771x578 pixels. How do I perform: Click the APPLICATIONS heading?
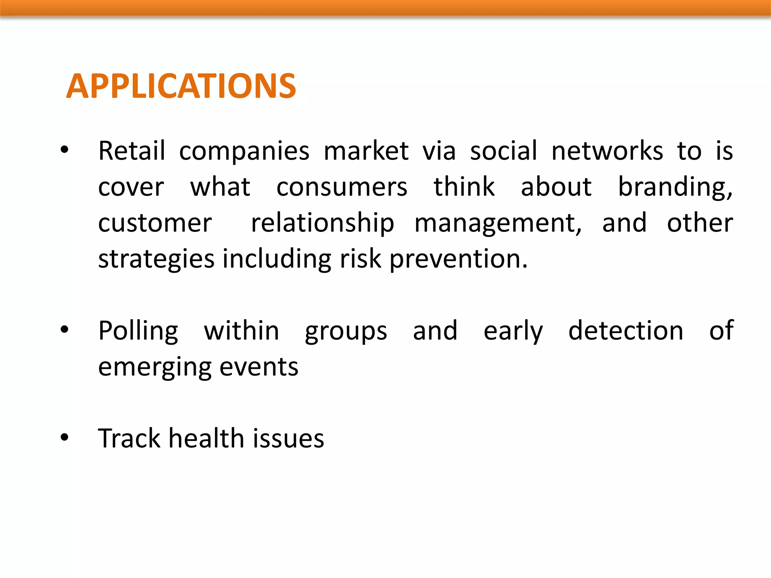(x=181, y=86)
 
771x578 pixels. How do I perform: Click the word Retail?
(x=131, y=151)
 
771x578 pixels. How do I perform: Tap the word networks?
(x=607, y=151)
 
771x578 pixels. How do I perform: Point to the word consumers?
(x=341, y=187)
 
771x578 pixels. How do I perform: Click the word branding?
(x=675, y=187)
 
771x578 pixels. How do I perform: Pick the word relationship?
(x=322, y=223)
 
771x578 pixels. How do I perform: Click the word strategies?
(x=156, y=260)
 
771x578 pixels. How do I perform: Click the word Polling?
(x=138, y=331)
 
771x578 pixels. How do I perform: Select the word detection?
(x=625, y=330)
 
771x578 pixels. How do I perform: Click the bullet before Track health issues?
(x=64, y=438)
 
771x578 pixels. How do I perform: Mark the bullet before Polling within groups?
(x=64, y=330)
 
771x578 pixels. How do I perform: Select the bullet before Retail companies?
(x=64, y=150)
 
